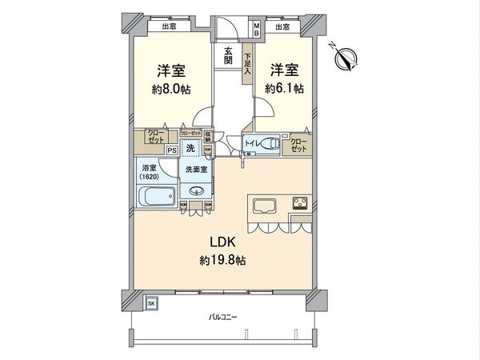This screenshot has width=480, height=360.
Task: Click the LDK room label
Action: coord(222,241)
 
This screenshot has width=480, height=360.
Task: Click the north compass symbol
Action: coord(347,58)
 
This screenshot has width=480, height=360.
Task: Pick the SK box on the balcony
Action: coord(151,303)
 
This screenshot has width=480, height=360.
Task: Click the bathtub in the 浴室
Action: coord(156,197)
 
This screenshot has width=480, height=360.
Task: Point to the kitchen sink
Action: coord(265,206)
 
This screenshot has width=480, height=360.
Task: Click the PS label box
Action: coord(171,150)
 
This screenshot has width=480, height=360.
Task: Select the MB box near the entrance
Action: coord(257,30)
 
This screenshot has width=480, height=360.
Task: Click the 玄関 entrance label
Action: coord(228,55)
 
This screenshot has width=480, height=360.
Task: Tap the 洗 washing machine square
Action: coord(190,148)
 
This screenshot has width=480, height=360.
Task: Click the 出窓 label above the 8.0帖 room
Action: coord(169,26)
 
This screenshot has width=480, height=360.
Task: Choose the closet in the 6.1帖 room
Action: coord(299,145)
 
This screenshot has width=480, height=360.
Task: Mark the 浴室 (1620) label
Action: coord(150,172)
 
